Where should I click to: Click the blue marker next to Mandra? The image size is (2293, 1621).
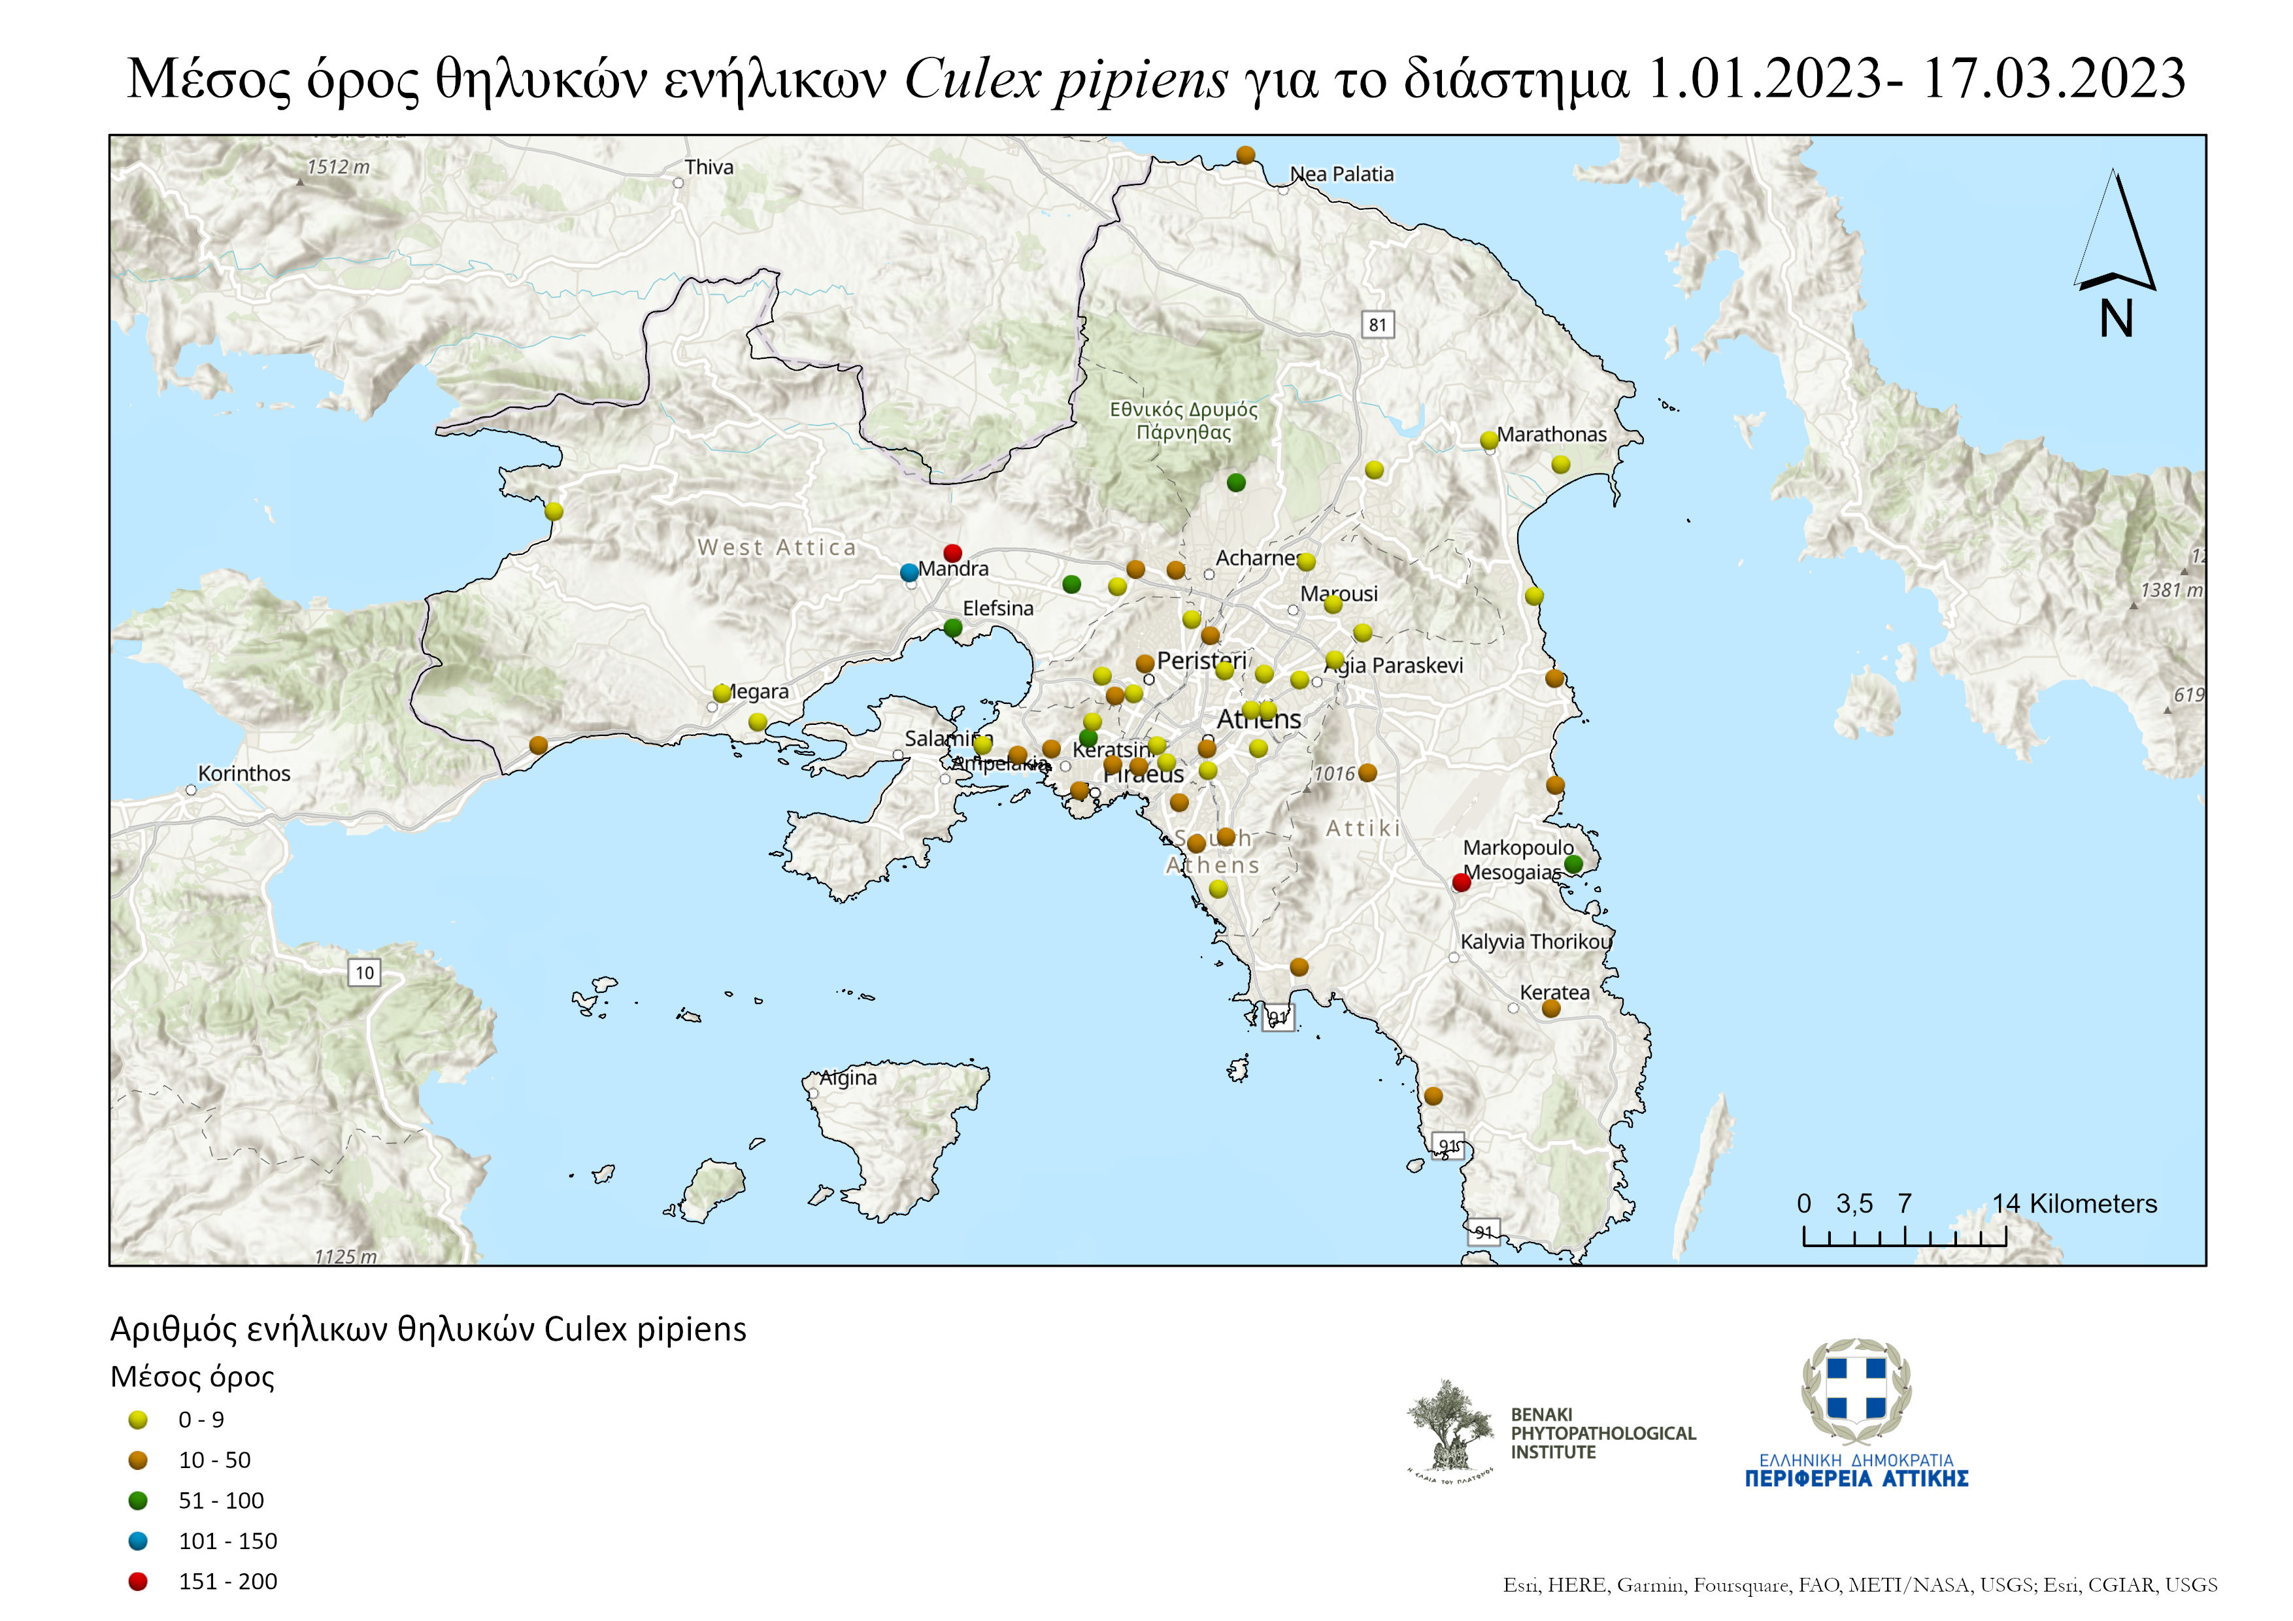[909, 573]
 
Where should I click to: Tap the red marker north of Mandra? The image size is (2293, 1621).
[953, 552]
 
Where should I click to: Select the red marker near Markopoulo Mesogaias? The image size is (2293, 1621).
[1461, 882]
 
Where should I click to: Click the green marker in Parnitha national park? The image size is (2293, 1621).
[1237, 482]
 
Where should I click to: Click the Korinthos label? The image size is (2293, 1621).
[244, 773]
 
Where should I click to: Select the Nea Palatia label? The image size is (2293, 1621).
[1341, 174]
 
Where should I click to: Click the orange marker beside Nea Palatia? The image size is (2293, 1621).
[1245, 155]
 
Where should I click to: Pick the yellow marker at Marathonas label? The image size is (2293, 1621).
[1489, 439]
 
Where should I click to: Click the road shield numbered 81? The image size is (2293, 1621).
[1377, 325]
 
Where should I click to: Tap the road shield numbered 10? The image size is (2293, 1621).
[365, 973]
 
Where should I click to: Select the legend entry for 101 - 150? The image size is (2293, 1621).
[227, 1541]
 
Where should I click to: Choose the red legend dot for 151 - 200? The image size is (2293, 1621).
[138, 1581]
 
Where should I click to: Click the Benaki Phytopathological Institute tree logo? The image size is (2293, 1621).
[1449, 1429]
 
